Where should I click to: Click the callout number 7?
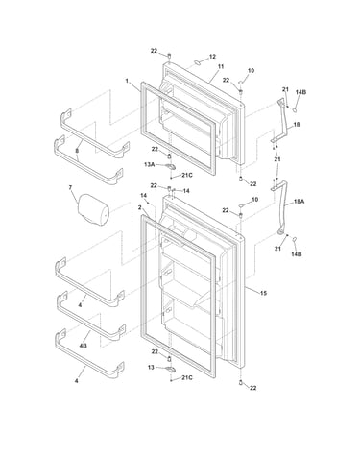pyautogui.click(x=70, y=187)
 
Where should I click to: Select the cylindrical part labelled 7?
pyautogui.click(x=93, y=209)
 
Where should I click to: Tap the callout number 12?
pyautogui.click(x=212, y=57)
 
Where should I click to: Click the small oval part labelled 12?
pyautogui.click(x=198, y=61)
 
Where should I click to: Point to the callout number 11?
pyautogui.click(x=221, y=67)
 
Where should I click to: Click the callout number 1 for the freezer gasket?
pyautogui.click(x=127, y=81)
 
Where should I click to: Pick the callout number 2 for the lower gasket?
pyautogui.click(x=139, y=207)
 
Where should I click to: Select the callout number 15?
pyautogui.click(x=263, y=293)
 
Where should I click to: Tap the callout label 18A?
pyautogui.click(x=300, y=202)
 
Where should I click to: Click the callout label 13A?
pyautogui.click(x=150, y=164)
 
